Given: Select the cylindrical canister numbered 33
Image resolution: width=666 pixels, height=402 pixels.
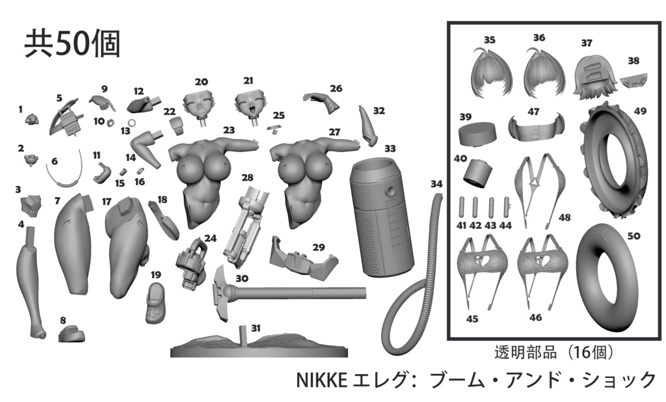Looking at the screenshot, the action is [x=382, y=217].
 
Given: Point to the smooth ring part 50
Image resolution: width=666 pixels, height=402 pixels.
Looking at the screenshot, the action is [x=607, y=278].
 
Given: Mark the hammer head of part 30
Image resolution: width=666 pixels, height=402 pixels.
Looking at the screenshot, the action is [x=221, y=293].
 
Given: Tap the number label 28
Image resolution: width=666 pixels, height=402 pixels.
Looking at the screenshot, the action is [x=247, y=177].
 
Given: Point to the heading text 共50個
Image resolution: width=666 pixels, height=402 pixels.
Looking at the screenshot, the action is [x=72, y=44].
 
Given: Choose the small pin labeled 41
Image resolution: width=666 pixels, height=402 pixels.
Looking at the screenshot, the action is [x=462, y=207].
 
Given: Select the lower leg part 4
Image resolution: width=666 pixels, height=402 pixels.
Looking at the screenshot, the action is [x=31, y=282].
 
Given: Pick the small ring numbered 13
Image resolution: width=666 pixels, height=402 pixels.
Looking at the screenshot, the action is [x=132, y=123].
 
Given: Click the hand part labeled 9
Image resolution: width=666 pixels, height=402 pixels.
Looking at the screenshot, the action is [x=102, y=102].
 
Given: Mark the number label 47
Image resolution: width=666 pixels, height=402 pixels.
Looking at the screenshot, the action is [x=533, y=111].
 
